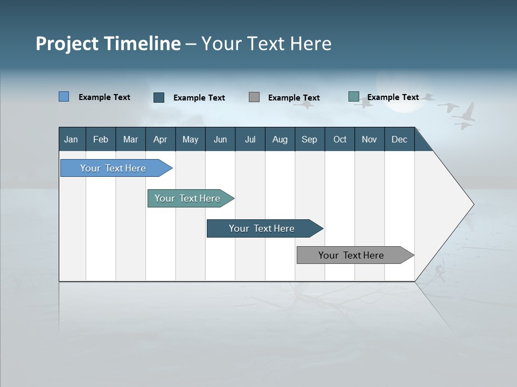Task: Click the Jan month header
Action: (72, 139)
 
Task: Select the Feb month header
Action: (101, 139)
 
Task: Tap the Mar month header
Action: (130, 139)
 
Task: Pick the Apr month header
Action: (160, 139)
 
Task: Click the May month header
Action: (190, 139)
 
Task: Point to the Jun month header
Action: (220, 139)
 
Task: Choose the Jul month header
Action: (250, 139)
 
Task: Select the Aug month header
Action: (280, 139)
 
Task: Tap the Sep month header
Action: (309, 139)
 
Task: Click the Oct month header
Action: (340, 139)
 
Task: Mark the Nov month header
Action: (369, 139)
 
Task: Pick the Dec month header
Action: (399, 139)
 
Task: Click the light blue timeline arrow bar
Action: (113, 168)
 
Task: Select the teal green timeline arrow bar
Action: (187, 198)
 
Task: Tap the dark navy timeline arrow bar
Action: (262, 228)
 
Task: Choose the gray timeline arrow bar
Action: (351, 255)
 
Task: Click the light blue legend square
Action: (64, 97)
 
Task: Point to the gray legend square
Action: (254, 97)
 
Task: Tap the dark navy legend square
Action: (159, 97)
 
